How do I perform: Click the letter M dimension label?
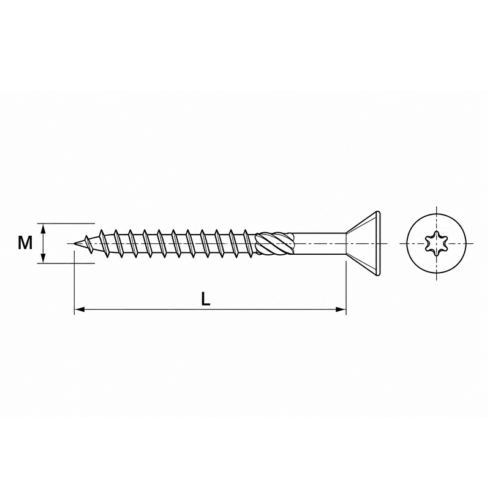(25, 243)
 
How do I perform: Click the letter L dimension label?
(205, 300)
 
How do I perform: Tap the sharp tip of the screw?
(74, 243)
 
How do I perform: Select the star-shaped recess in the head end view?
(436, 243)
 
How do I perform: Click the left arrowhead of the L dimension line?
(80, 309)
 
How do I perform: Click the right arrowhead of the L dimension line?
(341, 309)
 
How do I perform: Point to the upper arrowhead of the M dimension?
(43, 228)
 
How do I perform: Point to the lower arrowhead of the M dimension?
(43, 258)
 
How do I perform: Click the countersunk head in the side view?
(363, 243)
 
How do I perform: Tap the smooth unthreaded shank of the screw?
(319, 243)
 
